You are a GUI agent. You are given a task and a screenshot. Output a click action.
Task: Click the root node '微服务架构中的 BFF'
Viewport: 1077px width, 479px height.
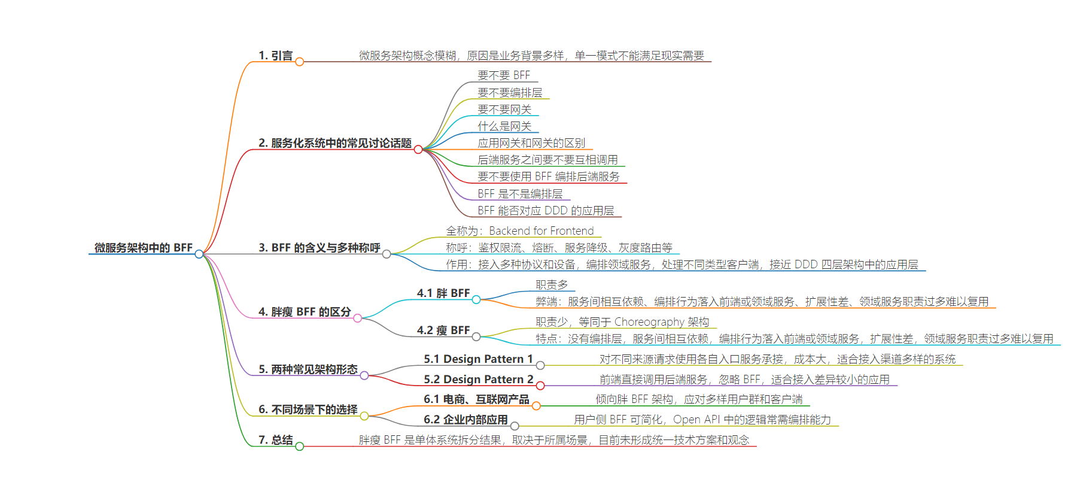pos(144,247)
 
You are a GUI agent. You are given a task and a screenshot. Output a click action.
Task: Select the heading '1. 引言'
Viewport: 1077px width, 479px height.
pos(275,56)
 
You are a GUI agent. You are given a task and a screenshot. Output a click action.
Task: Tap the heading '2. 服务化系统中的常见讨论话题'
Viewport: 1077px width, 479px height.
pos(335,143)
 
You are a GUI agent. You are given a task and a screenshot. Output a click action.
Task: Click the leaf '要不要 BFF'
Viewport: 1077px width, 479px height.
pos(504,75)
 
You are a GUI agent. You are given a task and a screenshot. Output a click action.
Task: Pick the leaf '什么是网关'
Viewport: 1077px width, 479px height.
pos(504,126)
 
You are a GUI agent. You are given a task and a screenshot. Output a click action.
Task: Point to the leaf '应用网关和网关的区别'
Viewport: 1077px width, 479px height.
pos(531,143)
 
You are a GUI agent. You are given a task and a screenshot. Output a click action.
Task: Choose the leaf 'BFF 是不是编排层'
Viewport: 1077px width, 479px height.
pos(520,194)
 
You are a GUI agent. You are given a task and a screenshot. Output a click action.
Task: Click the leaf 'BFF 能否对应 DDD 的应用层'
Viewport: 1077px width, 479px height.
pos(546,211)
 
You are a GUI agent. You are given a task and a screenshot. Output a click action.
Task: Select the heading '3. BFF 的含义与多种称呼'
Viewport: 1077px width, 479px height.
pos(320,247)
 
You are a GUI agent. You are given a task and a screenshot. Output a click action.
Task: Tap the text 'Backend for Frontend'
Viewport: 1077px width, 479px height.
pos(541,231)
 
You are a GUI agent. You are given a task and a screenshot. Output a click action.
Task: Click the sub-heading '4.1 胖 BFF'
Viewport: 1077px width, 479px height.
pos(443,293)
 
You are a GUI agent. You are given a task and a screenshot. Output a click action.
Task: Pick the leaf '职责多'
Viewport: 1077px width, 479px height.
pos(552,285)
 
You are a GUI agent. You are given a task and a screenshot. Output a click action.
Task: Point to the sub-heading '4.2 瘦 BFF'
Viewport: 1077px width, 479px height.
pos(443,330)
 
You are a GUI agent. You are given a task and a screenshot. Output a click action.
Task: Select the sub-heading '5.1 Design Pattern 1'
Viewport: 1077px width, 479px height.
pos(478,359)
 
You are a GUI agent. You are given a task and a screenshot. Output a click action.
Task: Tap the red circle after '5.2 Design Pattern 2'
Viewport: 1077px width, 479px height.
pos(540,386)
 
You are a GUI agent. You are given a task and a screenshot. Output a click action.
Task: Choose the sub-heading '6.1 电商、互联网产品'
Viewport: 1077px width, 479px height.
pos(476,399)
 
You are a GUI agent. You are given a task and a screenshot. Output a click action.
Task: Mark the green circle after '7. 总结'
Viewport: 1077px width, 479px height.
pos(300,446)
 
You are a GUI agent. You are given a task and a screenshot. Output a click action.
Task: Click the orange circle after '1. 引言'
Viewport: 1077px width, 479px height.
pos(300,62)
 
